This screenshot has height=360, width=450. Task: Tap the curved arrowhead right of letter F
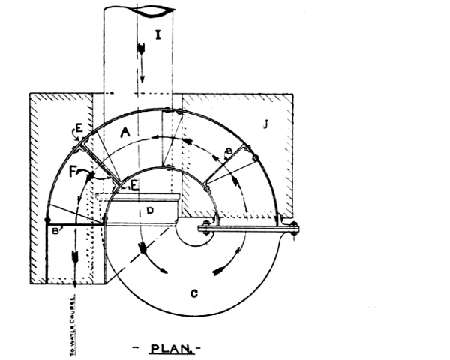pos(92,175)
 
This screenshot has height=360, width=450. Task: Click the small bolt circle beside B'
pos(48,222)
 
